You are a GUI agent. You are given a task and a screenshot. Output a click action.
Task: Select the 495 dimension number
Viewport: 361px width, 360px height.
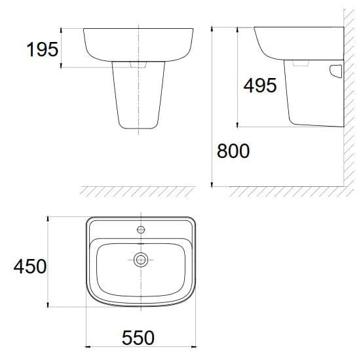[x=259, y=85]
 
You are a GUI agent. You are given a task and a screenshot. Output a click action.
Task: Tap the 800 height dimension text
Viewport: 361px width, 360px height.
[x=233, y=151]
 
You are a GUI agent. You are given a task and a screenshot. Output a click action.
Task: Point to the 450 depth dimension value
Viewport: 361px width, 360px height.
[x=30, y=266]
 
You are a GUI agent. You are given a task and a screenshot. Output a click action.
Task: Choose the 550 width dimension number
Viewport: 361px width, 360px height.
[x=138, y=338]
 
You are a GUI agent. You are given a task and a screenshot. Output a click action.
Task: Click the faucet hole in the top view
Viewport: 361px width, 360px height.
[x=140, y=230]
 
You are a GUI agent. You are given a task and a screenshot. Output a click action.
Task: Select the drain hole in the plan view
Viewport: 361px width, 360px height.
[x=140, y=260]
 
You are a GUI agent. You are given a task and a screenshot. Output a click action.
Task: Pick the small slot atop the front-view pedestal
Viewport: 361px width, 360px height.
[x=138, y=65]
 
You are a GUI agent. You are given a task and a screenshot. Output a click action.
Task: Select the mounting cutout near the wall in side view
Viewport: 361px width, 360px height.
[x=336, y=70]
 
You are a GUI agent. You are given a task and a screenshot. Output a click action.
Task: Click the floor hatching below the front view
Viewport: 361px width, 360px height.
[x=138, y=191]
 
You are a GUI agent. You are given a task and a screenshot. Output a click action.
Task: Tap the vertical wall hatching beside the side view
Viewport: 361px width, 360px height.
[x=351, y=98]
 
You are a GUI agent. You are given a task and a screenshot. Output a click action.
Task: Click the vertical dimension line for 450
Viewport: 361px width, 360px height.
[x=48, y=262]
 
